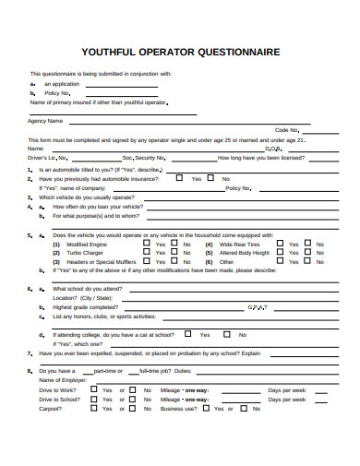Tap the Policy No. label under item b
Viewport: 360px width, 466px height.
click(58, 93)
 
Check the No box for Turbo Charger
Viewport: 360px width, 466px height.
click(173, 252)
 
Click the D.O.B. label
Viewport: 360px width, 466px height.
click(273, 148)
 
